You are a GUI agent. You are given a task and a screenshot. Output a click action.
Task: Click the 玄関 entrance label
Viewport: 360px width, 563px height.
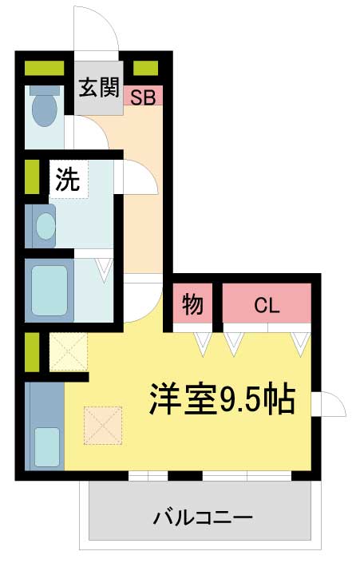(99, 87)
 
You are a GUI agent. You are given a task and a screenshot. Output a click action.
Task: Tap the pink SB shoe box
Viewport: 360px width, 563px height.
(143, 95)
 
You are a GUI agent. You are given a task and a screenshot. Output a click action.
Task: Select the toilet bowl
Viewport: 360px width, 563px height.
(45, 110)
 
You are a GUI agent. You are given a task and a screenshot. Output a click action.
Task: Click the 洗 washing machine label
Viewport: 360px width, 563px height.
(68, 180)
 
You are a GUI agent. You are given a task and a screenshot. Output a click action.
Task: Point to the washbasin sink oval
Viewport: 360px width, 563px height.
(45, 226)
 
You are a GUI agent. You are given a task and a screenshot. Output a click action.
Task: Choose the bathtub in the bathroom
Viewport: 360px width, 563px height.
(49, 290)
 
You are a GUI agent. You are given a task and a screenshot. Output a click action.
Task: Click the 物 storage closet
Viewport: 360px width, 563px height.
(192, 303)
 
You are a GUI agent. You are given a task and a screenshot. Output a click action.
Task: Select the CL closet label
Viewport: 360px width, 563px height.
(267, 306)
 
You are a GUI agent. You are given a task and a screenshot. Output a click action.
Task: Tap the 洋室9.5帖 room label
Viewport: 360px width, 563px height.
(222, 399)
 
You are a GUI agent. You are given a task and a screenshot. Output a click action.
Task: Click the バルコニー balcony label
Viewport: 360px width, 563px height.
(203, 517)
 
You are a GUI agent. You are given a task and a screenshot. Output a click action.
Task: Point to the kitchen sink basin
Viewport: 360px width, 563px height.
(47, 447)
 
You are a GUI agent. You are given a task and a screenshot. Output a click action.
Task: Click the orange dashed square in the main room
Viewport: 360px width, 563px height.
(103, 426)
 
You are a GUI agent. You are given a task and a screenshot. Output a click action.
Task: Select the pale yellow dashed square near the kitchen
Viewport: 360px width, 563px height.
(69, 352)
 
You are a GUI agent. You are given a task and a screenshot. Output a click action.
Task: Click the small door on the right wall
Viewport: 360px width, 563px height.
(329, 404)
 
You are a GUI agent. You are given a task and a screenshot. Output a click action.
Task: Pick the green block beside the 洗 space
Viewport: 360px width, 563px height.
(32, 176)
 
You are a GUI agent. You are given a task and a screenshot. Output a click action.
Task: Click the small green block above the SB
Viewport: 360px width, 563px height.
(146, 68)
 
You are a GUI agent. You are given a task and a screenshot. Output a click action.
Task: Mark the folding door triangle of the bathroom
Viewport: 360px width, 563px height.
(104, 270)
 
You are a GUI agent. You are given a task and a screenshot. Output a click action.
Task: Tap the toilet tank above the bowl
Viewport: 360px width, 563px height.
(45, 90)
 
